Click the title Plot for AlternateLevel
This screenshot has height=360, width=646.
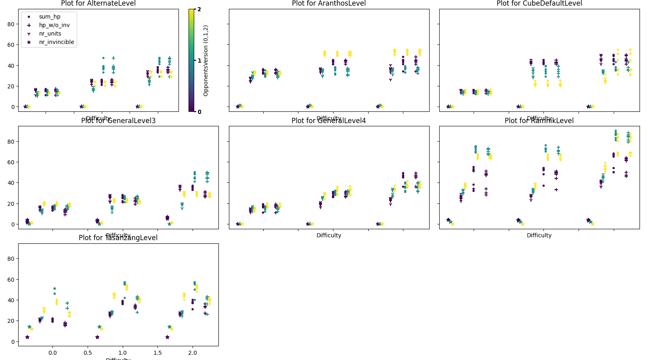[98, 4]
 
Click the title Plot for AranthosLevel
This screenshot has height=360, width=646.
[329, 4]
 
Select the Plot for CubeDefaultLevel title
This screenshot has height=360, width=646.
[539, 4]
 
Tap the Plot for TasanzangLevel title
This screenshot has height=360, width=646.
[118, 238]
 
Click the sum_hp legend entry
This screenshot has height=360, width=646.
[50, 17]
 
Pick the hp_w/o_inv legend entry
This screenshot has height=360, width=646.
[54, 25]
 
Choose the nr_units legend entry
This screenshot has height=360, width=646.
[50, 33]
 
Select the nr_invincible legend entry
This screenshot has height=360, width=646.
[57, 42]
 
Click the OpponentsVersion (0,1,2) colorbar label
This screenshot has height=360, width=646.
[206, 61]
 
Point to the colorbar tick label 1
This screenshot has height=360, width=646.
[199, 61]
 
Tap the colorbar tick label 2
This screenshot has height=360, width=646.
[199, 9]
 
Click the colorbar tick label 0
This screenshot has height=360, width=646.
[199, 112]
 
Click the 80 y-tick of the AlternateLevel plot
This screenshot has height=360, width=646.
[11, 24]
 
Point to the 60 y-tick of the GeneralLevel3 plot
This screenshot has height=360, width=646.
[11, 162]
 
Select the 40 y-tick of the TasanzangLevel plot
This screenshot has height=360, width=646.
[11, 300]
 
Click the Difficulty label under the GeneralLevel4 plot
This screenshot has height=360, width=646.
[329, 235]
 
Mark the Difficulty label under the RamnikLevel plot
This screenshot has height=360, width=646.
[539, 235]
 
